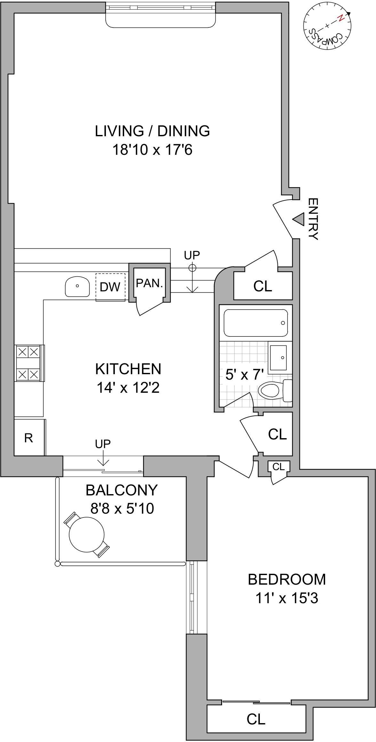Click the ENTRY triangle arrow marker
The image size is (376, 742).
coord(299,219)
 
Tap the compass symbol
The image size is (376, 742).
coord(327,26)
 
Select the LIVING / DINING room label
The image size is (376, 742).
coord(152,131)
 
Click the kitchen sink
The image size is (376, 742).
coord(77,287)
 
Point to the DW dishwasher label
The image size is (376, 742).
coord(110,287)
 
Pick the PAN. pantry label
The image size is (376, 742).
coord(149,283)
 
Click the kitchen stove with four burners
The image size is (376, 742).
coord(28,363)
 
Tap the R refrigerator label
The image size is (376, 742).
coord(28,438)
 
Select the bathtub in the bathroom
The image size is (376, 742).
coord(256,323)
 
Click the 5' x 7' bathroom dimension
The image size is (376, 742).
coord(244,375)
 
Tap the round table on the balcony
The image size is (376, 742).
coord(87,535)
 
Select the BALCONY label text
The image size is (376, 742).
coord(122,490)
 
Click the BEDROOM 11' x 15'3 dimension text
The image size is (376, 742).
coord(287,598)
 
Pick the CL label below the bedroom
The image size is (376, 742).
coord(256,719)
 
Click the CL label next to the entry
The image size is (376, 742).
coord(263,286)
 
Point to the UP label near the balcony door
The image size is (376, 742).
coord(103,444)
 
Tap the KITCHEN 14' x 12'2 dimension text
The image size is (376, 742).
coord(128,388)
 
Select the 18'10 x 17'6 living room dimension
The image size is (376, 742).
coord(152,150)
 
